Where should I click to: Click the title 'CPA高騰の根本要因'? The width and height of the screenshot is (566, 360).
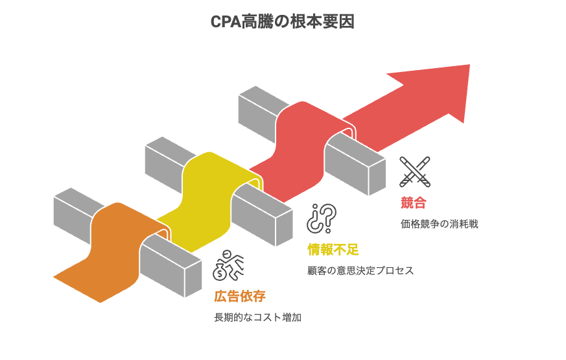[x=283, y=22]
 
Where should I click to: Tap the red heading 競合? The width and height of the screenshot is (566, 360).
[x=413, y=202]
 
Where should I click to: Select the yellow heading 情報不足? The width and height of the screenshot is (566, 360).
[x=333, y=249]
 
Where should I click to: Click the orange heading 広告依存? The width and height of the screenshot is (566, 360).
[x=239, y=296]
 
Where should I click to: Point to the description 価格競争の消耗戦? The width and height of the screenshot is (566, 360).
[x=443, y=224]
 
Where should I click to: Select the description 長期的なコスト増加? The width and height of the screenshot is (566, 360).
[x=257, y=318]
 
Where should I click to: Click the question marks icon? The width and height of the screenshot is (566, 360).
[x=322, y=218]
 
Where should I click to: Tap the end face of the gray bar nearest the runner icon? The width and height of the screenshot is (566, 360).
[x=193, y=281]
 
